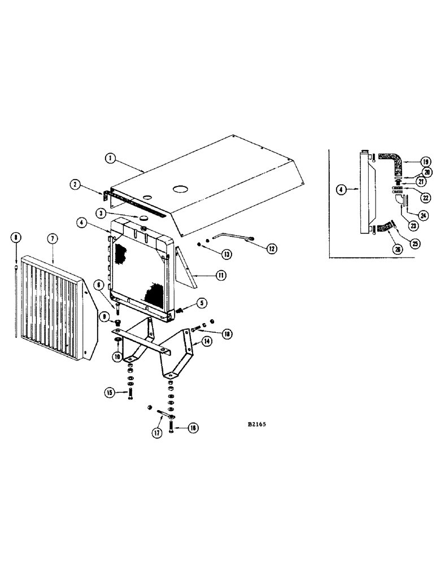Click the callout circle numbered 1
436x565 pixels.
(111, 159)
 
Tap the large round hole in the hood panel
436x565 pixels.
(182, 188)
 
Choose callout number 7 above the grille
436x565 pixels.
(52, 239)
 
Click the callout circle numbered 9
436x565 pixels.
(104, 318)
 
